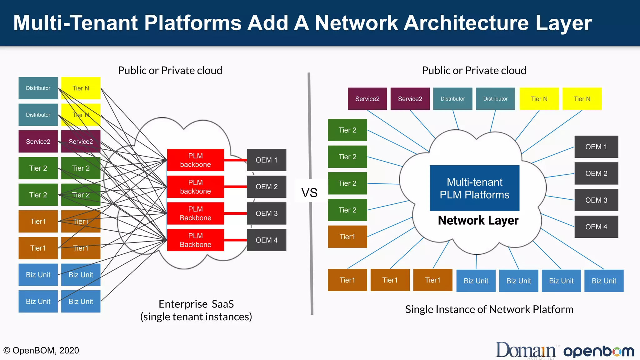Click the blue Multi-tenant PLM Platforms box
pos(474,188)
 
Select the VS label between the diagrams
pos(309,192)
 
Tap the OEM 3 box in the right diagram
pos(596,200)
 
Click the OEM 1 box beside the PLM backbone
pos(267,160)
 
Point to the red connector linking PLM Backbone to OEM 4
pos(235,240)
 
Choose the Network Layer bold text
pos(478,220)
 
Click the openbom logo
pos(598,351)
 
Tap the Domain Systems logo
pos(526,351)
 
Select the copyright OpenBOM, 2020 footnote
pos(41,350)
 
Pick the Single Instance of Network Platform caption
pos(489,309)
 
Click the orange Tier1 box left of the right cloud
pos(347,237)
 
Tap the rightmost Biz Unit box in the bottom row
pos(604,281)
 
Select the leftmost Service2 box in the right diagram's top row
pos(367,99)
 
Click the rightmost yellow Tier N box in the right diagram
pos(582,99)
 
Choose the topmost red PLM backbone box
pos(195,160)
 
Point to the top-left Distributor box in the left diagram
pos(38,88)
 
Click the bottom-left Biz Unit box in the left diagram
pos(38,301)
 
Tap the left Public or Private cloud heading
pos(170,70)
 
